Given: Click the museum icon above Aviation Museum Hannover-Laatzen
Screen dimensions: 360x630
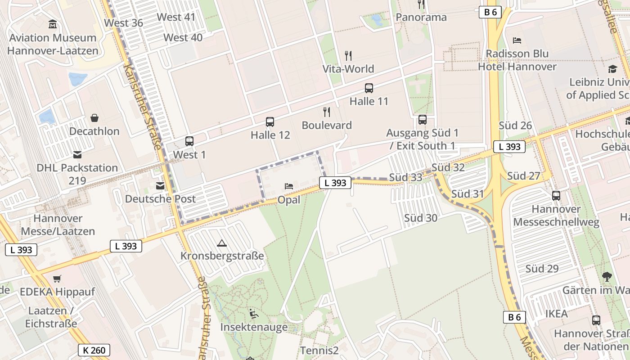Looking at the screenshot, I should (53, 24).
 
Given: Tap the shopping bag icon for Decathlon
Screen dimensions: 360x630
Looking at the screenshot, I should (94, 118).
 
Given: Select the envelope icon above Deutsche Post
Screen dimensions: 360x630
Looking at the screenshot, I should (160, 185).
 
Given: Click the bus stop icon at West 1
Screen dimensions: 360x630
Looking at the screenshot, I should (189, 141).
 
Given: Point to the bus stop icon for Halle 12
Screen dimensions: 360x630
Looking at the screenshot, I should (270, 121).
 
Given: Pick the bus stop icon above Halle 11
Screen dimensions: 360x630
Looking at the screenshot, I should (369, 88).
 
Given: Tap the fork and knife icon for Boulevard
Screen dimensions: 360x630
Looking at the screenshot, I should (327, 112).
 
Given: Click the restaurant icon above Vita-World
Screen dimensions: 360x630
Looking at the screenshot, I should (348, 56).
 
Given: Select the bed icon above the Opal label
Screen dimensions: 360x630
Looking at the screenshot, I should (289, 186).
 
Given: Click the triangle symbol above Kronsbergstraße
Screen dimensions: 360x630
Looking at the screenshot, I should (221, 243).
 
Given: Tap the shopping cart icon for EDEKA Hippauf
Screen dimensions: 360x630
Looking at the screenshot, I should (57, 279).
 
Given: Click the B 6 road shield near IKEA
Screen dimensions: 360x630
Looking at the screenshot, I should (514, 317).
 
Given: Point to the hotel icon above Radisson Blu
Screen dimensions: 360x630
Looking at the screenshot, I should (517, 40).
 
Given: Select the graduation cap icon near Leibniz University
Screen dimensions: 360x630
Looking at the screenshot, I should (612, 69).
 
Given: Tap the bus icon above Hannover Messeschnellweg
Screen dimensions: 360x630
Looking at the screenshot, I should (556, 195).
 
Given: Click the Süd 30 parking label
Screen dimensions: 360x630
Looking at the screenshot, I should (420, 218).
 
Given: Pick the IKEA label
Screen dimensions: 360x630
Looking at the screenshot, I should (556, 314).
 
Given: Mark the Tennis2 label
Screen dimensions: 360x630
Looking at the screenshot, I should (319, 350).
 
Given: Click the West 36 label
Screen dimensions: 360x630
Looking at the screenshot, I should (123, 23).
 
